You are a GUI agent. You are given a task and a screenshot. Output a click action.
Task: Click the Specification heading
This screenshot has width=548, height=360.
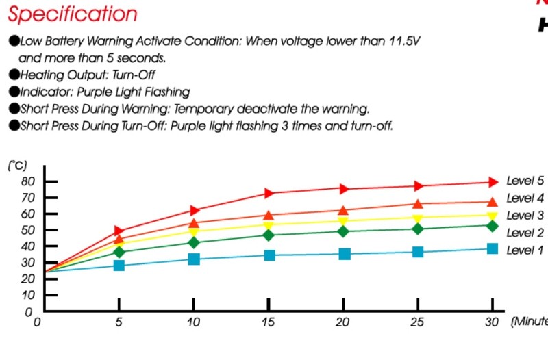(x=73, y=14)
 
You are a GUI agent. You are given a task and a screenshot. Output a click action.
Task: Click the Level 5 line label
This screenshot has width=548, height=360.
(x=525, y=181)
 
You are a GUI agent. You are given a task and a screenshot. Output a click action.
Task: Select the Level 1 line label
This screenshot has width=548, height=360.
(x=525, y=250)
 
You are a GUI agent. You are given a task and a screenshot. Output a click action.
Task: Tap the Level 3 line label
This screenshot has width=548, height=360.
(x=525, y=216)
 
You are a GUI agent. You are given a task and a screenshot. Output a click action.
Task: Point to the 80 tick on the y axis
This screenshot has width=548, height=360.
(x=28, y=181)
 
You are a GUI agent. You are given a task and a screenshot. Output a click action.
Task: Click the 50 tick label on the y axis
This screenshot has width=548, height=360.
(x=28, y=231)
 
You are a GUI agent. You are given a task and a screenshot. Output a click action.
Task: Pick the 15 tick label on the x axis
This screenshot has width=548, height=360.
(x=268, y=322)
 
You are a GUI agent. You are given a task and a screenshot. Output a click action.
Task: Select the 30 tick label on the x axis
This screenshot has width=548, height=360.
(x=491, y=322)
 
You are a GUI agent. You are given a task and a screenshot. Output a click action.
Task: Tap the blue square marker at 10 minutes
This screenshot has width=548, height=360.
(x=194, y=259)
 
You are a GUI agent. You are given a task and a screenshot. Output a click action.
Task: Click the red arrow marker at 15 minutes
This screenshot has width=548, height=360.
(x=269, y=194)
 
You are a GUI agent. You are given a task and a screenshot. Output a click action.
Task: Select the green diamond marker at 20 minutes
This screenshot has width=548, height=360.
(x=343, y=231)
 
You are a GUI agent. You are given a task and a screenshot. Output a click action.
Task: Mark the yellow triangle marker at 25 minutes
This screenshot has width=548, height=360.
(x=418, y=218)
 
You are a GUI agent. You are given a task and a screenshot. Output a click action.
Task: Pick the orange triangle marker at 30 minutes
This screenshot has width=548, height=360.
(x=492, y=201)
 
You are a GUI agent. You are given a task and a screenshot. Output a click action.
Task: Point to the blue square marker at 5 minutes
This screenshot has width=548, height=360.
(x=119, y=264)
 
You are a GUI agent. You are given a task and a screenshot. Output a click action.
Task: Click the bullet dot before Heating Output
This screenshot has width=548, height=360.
(x=14, y=74)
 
